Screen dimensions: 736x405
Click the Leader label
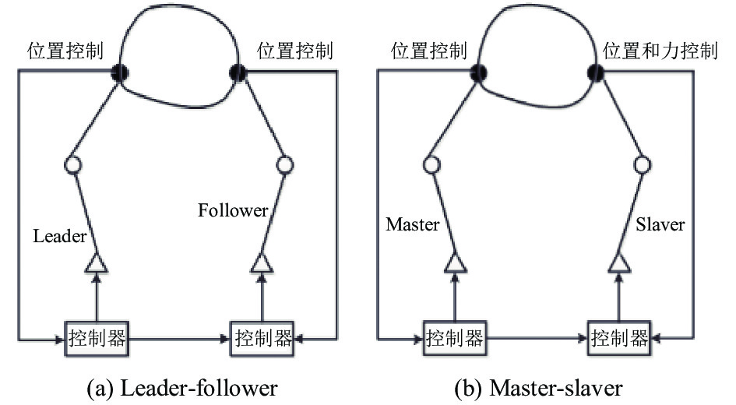[60, 235]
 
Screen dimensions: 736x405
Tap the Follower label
[233, 210]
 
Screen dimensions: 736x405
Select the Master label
[413, 224]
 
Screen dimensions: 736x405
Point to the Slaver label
[660, 224]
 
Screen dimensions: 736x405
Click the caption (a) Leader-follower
[182, 389]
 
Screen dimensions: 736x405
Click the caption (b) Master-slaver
[538, 389]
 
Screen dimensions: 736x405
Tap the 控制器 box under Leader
[97, 338]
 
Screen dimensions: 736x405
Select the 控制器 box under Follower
[262, 338]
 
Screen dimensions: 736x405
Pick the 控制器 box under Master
[454, 338]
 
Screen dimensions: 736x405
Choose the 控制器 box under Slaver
[619, 338]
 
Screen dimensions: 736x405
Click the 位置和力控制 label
[660, 51]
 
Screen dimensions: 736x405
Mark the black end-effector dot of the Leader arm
[120, 72]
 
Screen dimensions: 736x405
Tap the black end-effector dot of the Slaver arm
[596, 72]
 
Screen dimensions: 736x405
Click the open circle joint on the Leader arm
[72, 165]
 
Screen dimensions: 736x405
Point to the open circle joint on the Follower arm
[284, 165]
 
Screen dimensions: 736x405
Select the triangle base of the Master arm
[455, 264]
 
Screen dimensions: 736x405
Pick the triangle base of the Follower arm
[262, 264]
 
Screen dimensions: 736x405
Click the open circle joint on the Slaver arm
[642, 165]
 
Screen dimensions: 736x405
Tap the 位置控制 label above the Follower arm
[294, 51]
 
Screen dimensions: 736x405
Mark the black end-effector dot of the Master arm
[478, 72]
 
